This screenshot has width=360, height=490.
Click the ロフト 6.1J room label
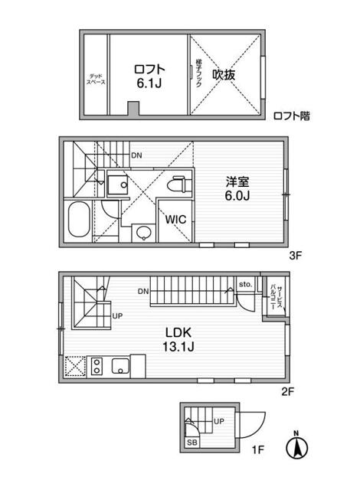tap(150, 73)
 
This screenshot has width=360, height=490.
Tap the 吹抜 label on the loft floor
tap(224, 74)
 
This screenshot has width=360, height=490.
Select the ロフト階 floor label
tap(292, 116)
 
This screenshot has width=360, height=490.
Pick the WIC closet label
tap(176, 217)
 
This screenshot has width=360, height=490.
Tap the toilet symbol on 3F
tap(177, 185)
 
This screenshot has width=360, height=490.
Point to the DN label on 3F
tap(136, 156)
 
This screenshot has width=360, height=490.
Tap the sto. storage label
tap(246, 284)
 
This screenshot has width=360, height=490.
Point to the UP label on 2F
tap(117, 315)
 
